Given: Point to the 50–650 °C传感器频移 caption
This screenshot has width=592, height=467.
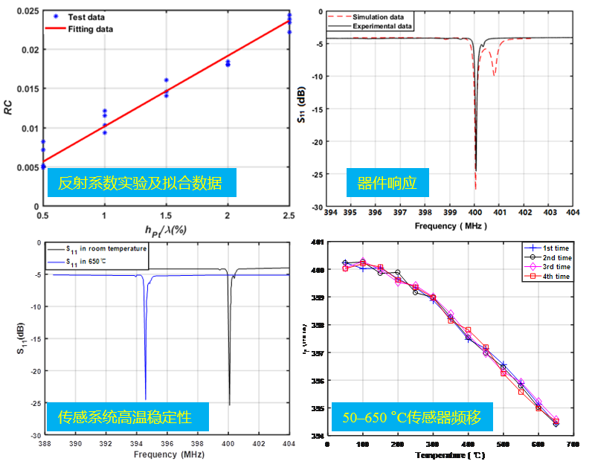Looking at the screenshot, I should (412, 419).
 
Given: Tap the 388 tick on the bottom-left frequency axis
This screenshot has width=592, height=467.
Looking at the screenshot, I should (45, 443).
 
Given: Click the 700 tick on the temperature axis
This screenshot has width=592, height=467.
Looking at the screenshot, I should (571, 444).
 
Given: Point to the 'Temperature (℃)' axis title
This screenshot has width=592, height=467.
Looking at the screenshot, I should (449, 454).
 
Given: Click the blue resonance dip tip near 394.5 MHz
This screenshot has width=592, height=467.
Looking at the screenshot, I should (146, 398).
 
